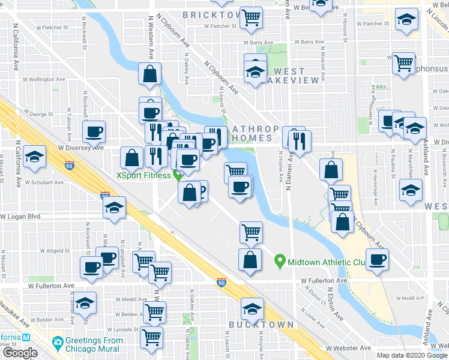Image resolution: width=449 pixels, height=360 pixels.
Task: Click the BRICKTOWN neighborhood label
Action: (x=207, y=14)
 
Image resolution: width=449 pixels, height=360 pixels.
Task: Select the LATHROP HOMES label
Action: (x=255, y=133)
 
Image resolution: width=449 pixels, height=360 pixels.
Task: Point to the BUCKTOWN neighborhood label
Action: (x=262, y=325)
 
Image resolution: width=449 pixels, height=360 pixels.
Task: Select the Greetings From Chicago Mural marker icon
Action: (x=58, y=344)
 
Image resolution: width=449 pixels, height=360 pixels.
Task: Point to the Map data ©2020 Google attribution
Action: (x=412, y=355)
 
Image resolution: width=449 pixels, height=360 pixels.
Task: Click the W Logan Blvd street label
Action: (x=20, y=216)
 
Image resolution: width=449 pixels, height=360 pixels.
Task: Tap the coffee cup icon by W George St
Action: (x=94, y=131)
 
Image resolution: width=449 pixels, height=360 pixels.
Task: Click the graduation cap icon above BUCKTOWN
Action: (x=252, y=309)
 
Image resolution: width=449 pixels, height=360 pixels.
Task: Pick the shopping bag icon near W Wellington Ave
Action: (x=149, y=75)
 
